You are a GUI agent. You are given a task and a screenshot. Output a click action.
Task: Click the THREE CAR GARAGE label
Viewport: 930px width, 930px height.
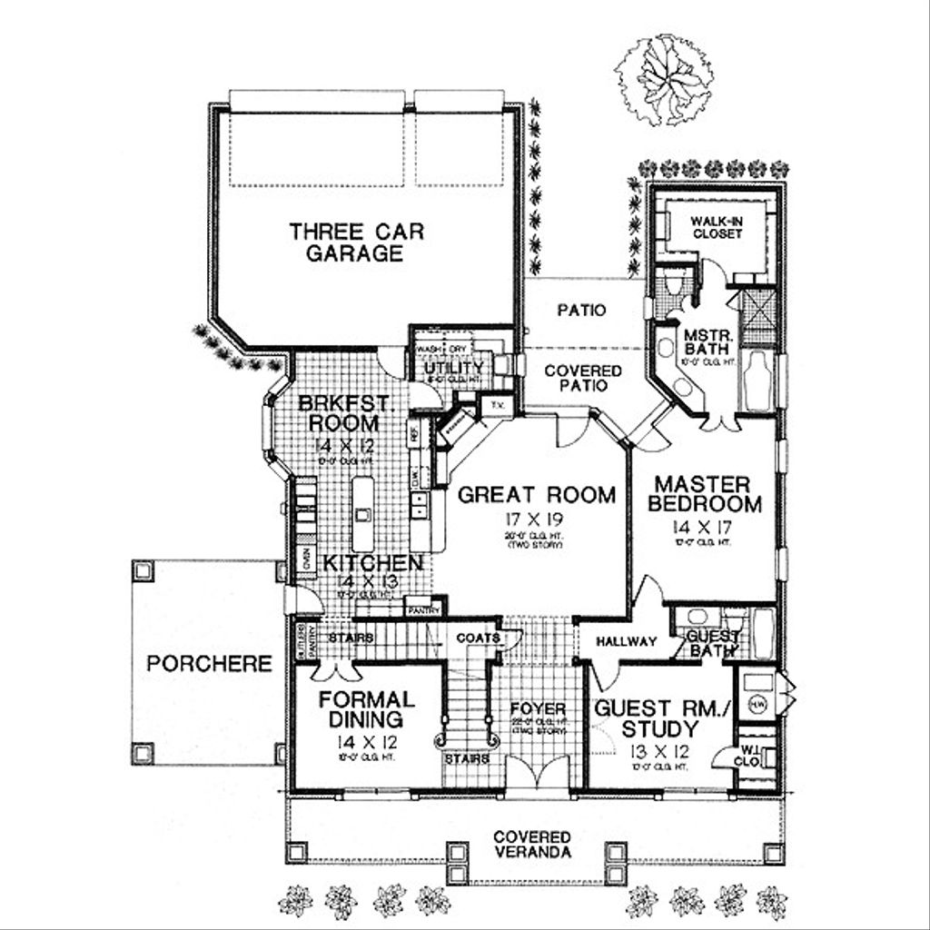(345, 242)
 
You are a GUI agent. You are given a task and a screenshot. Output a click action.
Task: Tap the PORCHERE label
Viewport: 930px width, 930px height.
(209, 663)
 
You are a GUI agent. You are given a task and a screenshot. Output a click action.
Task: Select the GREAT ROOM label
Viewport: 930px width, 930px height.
(536, 495)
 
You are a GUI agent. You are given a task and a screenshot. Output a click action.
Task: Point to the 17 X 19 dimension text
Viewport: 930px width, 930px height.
(536, 522)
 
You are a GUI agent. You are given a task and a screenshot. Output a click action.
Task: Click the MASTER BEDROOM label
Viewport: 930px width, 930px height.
(704, 493)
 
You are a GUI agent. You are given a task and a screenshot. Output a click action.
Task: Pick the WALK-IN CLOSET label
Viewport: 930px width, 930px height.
(716, 227)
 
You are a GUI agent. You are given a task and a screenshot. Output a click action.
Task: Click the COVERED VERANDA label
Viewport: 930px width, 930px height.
(532, 844)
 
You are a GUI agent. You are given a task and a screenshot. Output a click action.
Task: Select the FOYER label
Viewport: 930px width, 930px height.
(538, 708)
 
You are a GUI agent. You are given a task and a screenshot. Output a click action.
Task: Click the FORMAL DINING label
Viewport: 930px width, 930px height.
(366, 711)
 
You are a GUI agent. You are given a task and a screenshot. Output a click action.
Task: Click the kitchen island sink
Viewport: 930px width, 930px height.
(363, 515)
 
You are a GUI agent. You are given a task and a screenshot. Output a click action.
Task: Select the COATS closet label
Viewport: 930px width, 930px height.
(478, 638)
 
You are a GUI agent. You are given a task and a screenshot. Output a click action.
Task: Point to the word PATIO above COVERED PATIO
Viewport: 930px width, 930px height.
(581, 311)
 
